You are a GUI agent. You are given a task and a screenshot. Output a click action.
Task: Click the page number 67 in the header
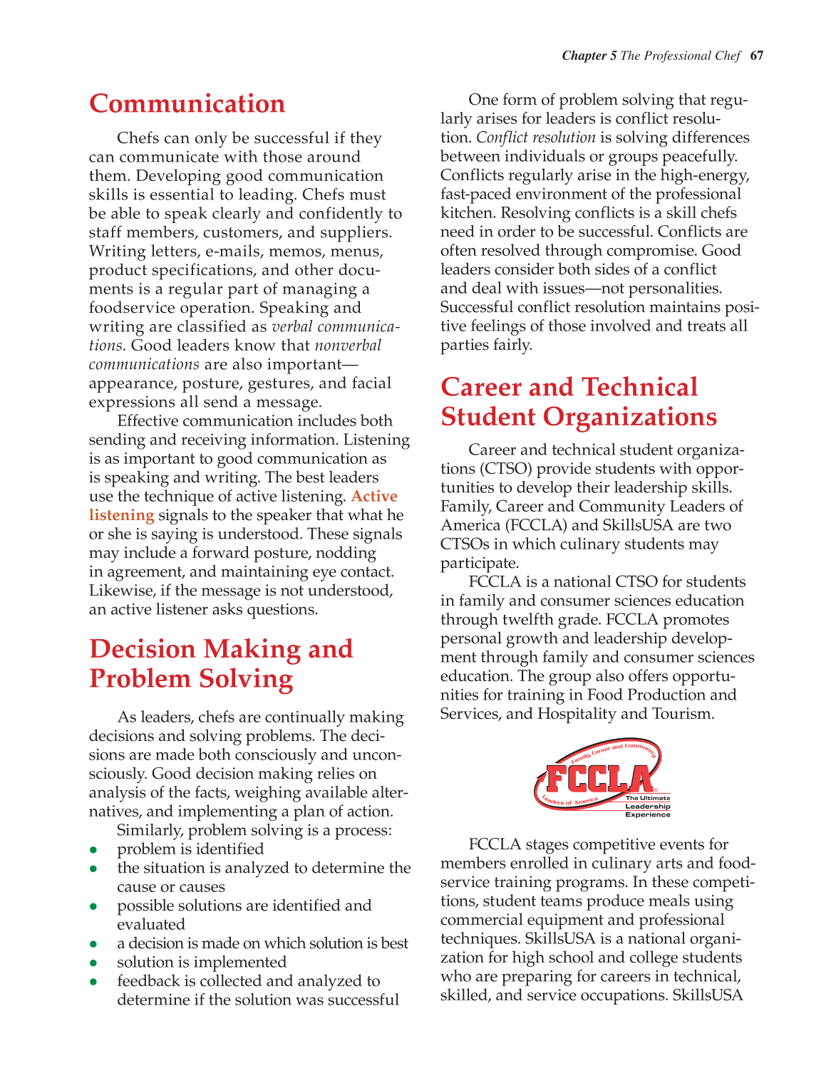pos(756,56)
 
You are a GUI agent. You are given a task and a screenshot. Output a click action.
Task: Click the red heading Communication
pos(187,104)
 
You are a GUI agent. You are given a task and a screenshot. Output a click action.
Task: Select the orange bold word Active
pos(374,497)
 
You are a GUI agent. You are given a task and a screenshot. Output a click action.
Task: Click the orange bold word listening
pos(121,515)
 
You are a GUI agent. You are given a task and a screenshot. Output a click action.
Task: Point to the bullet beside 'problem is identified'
pos(93,850)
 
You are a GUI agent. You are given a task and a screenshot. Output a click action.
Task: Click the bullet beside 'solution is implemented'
pos(93,963)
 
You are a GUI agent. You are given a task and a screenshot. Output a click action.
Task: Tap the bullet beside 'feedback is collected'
pos(93,982)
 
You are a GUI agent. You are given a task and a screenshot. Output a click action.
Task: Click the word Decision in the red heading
pos(143,649)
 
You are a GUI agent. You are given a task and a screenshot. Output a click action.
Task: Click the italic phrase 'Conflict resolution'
pos(535,138)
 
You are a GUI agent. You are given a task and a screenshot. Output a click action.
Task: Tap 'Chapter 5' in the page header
pos(589,56)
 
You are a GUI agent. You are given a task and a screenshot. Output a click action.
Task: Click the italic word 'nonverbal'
pos(348,346)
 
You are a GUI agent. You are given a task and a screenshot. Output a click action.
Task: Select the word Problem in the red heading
pos(139,679)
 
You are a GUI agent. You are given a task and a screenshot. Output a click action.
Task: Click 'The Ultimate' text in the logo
pos(647,798)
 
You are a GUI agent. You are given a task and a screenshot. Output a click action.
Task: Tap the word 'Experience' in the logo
pos(647,814)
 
